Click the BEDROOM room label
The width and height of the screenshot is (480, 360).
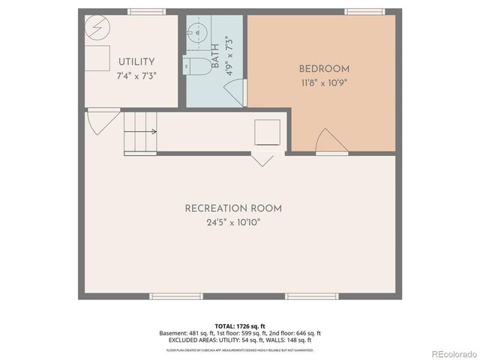[x=324, y=69]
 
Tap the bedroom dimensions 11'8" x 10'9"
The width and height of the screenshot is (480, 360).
[x=324, y=82]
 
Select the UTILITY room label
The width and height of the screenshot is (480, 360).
[x=136, y=62]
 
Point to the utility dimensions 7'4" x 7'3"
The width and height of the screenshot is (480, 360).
[x=136, y=76]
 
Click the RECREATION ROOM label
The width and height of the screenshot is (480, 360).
[x=233, y=208]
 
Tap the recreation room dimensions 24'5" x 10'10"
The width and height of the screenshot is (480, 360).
[x=233, y=223]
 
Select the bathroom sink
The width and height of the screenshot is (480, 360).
[x=196, y=34]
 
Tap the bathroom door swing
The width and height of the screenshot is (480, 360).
[x=235, y=93]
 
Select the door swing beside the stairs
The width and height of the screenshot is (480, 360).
[x=98, y=121]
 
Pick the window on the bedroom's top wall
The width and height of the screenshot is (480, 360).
[x=359, y=11]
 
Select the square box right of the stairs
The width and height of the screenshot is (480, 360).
[x=267, y=133]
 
